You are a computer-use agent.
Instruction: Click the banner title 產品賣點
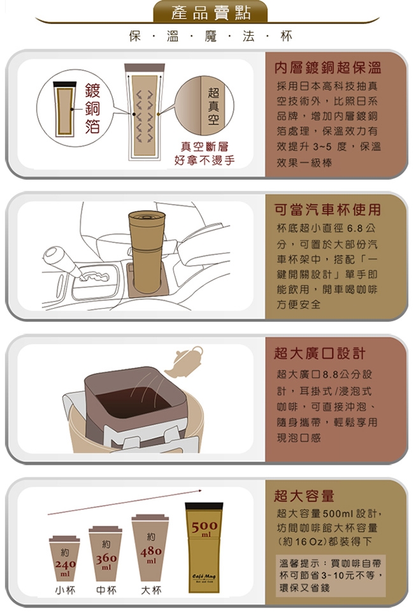[x=211, y=13]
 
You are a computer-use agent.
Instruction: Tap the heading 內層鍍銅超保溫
[x=327, y=68]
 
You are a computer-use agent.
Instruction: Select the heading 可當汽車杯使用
[x=327, y=210]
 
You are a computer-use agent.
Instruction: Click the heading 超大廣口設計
[x=320, y=353]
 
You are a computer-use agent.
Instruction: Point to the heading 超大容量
[x=304, y=496]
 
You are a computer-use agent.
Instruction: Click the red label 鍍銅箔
[x=92, y=108]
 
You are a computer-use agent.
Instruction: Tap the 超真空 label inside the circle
[x=213, y=106]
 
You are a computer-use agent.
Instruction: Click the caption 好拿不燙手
[x=204, y=160]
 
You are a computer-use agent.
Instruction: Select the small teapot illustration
[x=184, y=361]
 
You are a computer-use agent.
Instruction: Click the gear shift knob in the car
[x=57, y=255]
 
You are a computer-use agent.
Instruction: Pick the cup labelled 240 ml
[x=65, y=558]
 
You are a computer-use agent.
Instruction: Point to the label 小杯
[x=65, y=590]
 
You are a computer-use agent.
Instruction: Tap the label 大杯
[x=151, y=590]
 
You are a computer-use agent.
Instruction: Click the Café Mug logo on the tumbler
[x=204, y=577]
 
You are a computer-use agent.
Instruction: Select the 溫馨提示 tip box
[x=331, y=575]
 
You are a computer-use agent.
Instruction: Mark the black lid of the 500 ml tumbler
[x=204, y=506]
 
